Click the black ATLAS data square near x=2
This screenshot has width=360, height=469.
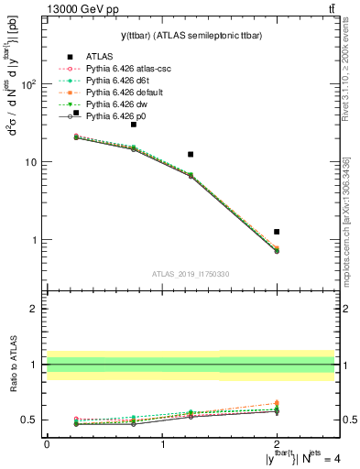pos(277,232)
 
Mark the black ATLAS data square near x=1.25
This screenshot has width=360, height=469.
pos(191,155)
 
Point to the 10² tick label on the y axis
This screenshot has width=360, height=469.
pos(28,84)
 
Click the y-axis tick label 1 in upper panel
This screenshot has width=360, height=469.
pos(33,240)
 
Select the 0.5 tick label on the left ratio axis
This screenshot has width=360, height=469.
pos(29,420)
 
